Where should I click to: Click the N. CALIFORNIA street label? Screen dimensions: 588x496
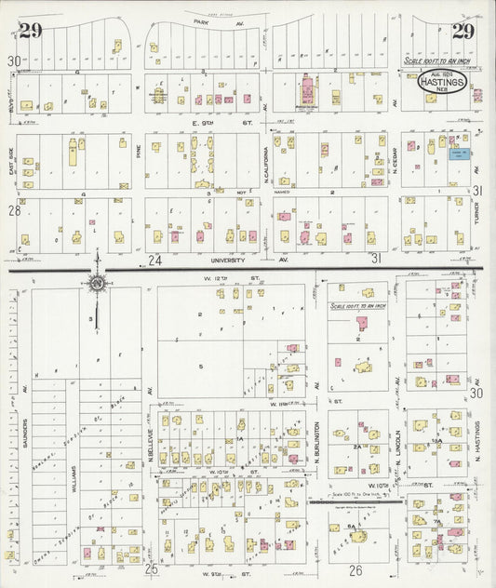pos(265,158)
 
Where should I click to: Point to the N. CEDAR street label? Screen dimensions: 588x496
pos(395,158)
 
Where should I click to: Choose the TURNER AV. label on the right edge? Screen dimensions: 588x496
pos(476,213)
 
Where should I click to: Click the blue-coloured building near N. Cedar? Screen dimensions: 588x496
pos(458,154)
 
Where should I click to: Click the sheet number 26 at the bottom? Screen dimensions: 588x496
pos(355,568)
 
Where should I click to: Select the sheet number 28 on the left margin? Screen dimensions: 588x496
pos(14,211)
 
